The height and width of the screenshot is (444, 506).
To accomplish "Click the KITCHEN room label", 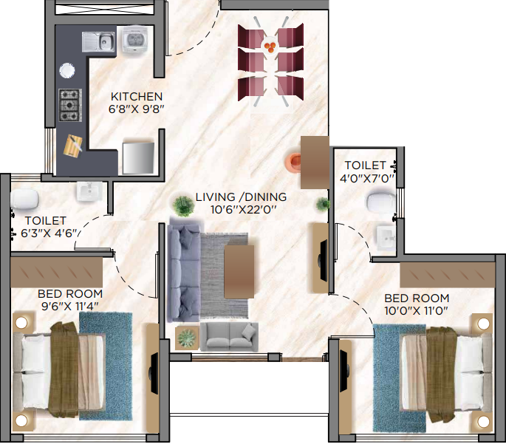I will [137, 97].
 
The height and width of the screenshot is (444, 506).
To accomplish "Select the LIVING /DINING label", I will [241, 198].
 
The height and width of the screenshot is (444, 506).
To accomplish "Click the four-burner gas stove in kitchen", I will [69, 105].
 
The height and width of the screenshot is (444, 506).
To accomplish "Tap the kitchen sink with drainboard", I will [98, 41].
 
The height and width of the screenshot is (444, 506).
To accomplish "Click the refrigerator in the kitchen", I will [138, 156].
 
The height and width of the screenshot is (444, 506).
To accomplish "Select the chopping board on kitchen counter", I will [75, 146].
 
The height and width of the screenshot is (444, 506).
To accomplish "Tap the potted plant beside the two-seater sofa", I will [187, 338].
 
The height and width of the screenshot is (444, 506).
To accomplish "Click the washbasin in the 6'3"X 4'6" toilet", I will [89, 191].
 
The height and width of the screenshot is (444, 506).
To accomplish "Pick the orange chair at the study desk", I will [295, 160].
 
